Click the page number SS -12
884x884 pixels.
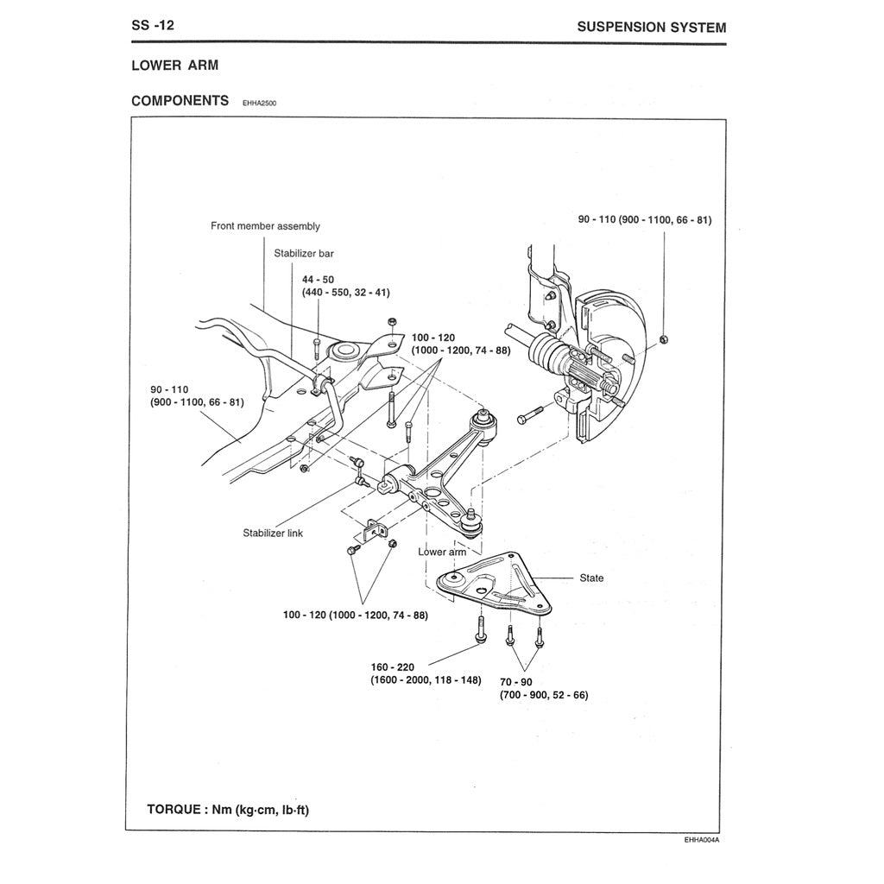click(x=153, y=25)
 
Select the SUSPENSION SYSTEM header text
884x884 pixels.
click(x=651, y=27)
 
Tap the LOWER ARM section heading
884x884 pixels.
click(x=174, y=66)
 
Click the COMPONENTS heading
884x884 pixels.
click(x=180, y=100)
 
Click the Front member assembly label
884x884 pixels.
click(x=265, y=226)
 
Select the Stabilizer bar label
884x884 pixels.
click(x=303, y=254)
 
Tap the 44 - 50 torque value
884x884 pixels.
click(x=318, y=280)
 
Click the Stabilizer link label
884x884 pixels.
click(x=273, y=534)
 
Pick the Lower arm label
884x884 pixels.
click(x=441, y=552)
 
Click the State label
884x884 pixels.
click(x=591, y=578)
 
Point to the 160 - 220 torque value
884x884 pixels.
click(x=394, y=667)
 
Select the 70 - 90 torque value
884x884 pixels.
click(x=515, y=681)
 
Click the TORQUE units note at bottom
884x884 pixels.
click(x=229, y=810)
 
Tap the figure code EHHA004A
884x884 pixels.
click(x=701, y=839)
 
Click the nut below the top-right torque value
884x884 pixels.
click(x=662, y=338)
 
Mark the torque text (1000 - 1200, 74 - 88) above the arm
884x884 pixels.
click(x=461, y=350)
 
